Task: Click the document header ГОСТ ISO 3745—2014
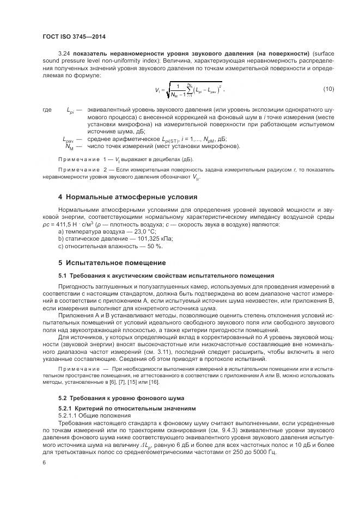[x=74, y=36]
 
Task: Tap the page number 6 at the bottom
[x=44, y=462]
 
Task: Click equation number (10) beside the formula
[x=328, y=89]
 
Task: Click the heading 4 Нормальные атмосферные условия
[x=127, y=196]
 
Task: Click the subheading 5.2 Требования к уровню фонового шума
[x=121, y=397]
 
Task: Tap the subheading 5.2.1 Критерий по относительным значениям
[x=125, y=408]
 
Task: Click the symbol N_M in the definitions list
[x=69, y=146]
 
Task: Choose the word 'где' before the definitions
[x=47, y=110]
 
